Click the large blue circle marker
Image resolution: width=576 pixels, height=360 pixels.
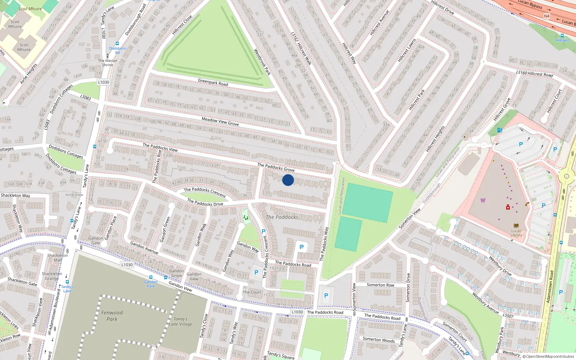click(x=288, y=180)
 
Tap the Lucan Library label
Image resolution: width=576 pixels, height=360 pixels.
click(x=516, y=233)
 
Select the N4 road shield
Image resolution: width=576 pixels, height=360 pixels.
click(x=546, y=16)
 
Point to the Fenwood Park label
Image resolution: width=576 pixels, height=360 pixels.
click(x=112, y=316)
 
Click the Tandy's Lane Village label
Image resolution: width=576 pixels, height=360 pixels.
click(x=183, y=321)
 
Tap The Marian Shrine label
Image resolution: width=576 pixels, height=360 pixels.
click(x=108, y=63)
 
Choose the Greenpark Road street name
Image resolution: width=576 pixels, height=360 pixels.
click(x=213, y=82)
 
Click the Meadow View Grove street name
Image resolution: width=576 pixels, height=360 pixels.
click(x=220, y=121)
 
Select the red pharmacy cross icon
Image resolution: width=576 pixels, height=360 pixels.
click(x=508, y=207)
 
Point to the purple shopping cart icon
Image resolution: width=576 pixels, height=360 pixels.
click(x=483, y=200)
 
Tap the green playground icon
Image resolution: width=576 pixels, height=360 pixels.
click(x=246, y=217)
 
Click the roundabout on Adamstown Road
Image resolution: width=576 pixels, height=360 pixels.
click(x=567, y=176)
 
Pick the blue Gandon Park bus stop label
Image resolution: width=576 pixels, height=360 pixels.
click(x=151, y=284)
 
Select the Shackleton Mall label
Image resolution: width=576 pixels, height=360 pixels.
click(x=58, y=257)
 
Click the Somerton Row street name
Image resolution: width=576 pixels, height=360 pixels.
click(x=381, y=285)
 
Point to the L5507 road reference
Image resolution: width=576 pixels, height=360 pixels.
click(x=508, y=316)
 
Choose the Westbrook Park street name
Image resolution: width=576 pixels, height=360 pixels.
click(x=262, y=62)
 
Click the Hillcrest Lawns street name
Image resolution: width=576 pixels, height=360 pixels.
click(x=407, y=50)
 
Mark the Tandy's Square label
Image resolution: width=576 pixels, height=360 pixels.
click(x=281, y=355)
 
